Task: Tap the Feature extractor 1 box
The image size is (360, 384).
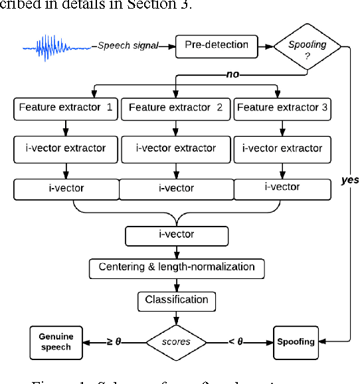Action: click(65, 107)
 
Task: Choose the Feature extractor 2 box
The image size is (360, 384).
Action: click(175, 107)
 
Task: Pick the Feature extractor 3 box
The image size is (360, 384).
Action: click(282, 107)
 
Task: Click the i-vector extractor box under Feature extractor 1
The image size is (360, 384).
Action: click(65, 148)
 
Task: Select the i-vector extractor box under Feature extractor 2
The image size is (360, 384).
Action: click(175, 148)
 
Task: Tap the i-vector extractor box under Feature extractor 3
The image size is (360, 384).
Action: click(282, 148)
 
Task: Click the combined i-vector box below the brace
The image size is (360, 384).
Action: click(177, 235)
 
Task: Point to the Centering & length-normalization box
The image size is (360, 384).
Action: click(177, 267)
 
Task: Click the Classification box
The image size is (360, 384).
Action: click(177, 300)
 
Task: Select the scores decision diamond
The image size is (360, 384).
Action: click(177, 342)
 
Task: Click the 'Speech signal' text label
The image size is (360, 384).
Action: click(128, 46)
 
